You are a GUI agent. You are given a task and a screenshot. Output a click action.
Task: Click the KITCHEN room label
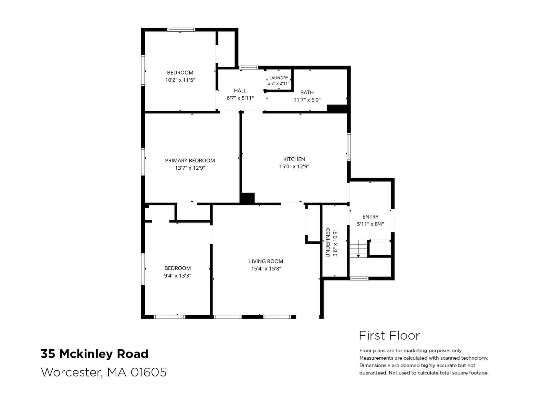click(x=294, y=159)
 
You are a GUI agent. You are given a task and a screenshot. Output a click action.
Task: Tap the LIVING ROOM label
click(x=266, y=261)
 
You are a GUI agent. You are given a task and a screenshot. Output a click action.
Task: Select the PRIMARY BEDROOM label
click(x=190, y=161)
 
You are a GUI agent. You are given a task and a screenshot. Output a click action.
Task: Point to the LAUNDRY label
click(x=279, y=78)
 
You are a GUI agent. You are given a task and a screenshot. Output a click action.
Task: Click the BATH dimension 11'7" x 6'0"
click(x=307, y=100)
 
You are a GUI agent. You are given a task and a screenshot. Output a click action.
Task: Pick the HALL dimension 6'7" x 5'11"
click(x=240, y=98)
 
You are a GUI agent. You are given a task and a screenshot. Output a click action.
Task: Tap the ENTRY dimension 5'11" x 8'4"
click(x=370, y=224)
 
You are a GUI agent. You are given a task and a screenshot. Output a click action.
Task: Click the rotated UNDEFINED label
click(x=328, y=243)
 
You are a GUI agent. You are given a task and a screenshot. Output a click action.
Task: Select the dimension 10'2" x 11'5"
click(x=180, y=80)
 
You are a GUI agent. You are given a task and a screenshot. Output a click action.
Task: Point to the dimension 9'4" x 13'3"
click(x=177, y=276)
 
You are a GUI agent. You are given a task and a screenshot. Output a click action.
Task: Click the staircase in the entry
click(x=358, y=248)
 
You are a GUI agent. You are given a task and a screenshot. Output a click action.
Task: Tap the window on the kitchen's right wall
click(x=349, y=147)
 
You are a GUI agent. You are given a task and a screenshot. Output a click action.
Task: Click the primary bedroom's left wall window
click(x=143, y=162)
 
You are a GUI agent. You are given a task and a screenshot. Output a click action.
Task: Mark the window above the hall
click(x=248, y=68)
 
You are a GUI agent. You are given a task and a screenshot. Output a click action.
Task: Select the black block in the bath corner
click(x=337, y=108)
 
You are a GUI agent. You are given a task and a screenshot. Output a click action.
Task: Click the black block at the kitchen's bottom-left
click(x=247, y=198)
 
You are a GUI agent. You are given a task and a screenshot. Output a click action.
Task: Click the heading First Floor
click(x=389, y=335)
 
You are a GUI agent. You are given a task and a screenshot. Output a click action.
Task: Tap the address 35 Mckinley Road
click(x=94, y=354)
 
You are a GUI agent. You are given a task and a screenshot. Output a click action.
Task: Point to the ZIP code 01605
click(x=148, y=372)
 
